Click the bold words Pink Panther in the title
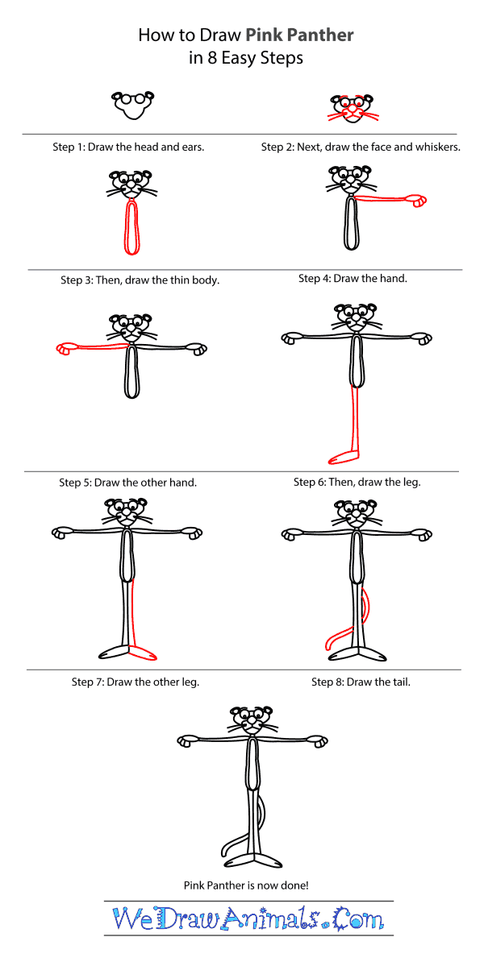coord(299,35)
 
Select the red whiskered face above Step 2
coord(353,108)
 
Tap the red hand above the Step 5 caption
coord(65,349)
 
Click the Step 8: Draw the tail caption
coord(361,682)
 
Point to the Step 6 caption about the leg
coord(357,482)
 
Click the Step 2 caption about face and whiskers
coord(361,147)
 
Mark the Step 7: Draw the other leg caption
coord(136,682)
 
